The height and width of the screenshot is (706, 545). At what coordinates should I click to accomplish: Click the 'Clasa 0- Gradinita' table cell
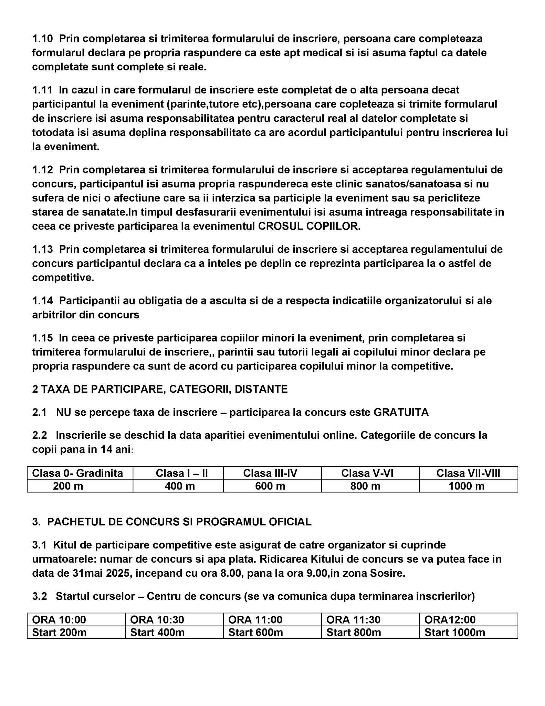coord(77,473)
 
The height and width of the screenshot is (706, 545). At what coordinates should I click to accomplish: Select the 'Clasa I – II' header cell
coord(181,473)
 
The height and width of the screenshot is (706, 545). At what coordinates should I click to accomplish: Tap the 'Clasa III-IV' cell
coord(270,473)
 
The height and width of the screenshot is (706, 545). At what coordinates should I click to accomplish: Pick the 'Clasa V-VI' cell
coord(367,473)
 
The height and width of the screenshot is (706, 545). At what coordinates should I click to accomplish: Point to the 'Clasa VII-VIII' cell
coord(468,473)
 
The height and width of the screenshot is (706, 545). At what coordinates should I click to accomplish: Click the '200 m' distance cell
coord(68,486)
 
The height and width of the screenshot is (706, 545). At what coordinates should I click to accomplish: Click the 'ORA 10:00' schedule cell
coord(59,620)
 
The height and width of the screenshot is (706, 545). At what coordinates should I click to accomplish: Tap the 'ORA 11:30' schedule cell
coord(353,620)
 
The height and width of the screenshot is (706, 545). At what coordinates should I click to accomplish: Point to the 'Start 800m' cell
coord(354,633)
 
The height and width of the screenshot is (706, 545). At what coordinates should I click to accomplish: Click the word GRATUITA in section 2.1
coord(401,412)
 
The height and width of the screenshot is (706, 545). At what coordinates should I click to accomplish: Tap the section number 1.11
coord(42,90)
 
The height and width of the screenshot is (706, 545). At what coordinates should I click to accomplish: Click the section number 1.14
coord(42,301)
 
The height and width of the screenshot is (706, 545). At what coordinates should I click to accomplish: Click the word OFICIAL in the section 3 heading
coord(290,522)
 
